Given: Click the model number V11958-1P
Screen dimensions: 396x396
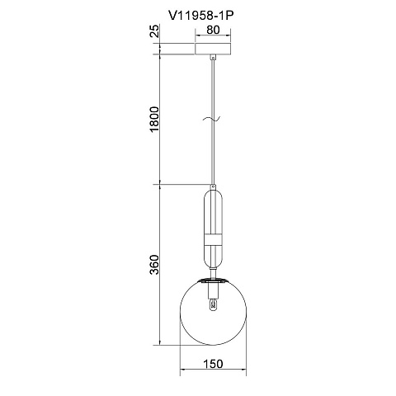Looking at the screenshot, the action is pos(201,16).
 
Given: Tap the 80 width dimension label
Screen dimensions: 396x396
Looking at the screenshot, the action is pos(213,30).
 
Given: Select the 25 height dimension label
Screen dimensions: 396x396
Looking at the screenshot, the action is pos(155,31).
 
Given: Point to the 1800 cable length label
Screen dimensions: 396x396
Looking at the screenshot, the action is pos(154,119).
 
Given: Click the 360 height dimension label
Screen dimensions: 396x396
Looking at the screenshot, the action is pos(154,265).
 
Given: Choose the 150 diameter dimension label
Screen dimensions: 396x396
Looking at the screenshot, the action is pos(213,364).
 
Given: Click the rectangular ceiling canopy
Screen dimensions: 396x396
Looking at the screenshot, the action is pos(213,49).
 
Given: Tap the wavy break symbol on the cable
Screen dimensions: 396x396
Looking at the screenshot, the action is pos(212,119).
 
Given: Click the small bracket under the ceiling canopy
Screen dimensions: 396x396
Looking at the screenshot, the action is pos(213,58).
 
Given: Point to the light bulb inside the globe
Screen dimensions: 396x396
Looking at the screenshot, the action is pos(213,304).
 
